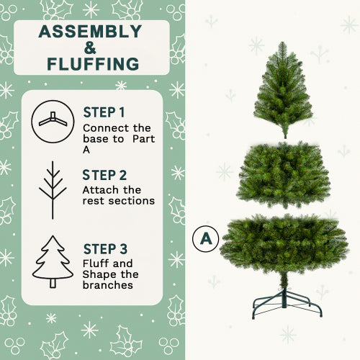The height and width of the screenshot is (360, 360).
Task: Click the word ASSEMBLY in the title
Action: click(x=90, y=32)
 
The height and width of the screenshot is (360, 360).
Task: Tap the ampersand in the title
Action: click(x=91, y=48)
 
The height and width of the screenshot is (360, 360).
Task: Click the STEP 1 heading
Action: click(x=104, y=112)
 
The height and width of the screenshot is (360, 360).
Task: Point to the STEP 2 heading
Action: click(x=104, y=175)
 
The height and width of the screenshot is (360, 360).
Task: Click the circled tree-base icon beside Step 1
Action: click(x=52, y=121)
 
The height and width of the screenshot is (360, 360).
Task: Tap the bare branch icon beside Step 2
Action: click(x=53, y=189)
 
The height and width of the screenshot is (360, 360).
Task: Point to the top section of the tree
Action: click(x=283, y=90)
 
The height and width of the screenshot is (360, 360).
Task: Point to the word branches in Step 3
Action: click(x=108, y=284)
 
